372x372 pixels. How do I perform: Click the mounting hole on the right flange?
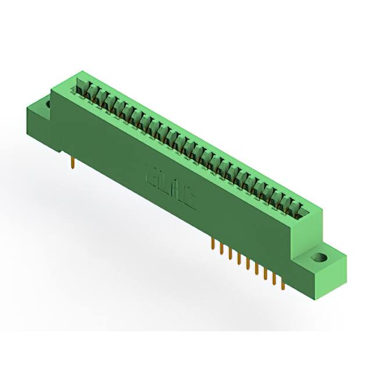[x=319, y=257]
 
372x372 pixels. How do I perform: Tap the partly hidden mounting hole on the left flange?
[x=46, y=105]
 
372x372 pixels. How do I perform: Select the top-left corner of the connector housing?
[x=70, y=73]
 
